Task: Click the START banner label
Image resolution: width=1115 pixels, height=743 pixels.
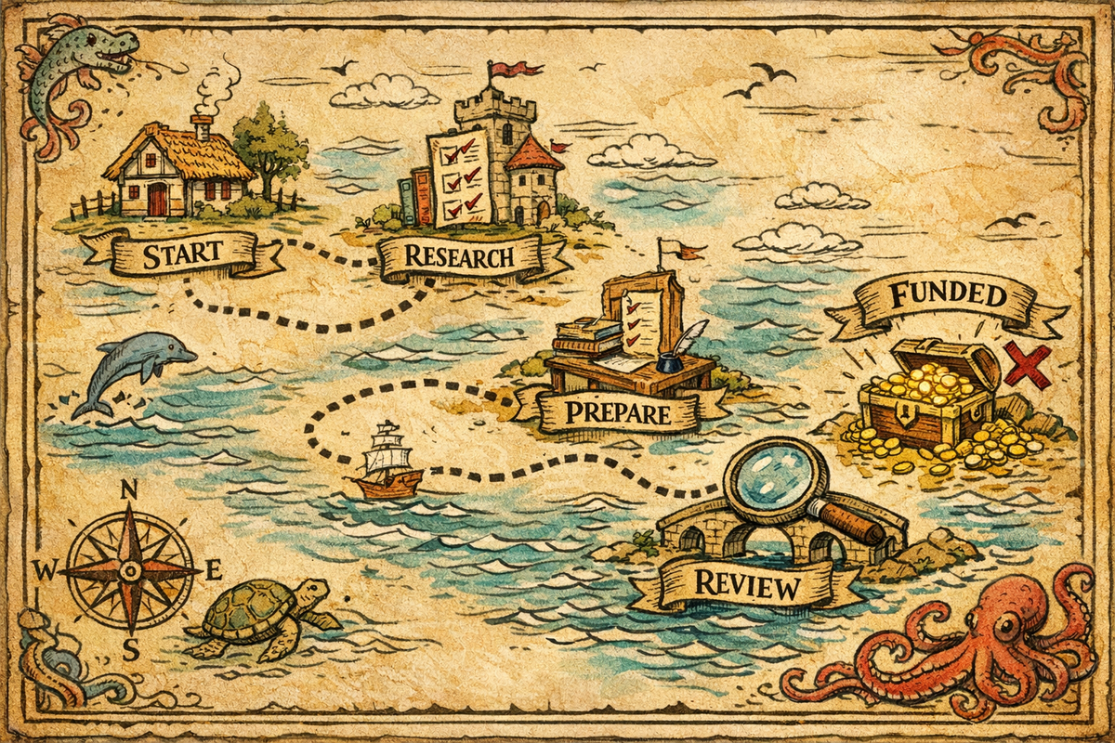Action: pos(183,252)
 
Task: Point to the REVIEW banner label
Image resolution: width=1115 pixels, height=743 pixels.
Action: pos(746,587)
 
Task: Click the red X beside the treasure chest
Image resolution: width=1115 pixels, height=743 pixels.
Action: pos(1026,365)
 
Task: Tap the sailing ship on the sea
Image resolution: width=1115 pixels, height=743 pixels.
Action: pos(387,462)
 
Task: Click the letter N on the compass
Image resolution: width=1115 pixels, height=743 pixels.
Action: pos(130,491)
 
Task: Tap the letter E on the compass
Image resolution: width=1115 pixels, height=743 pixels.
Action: pos(212,568)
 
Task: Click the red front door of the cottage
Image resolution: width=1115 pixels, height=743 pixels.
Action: pos(158,199)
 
